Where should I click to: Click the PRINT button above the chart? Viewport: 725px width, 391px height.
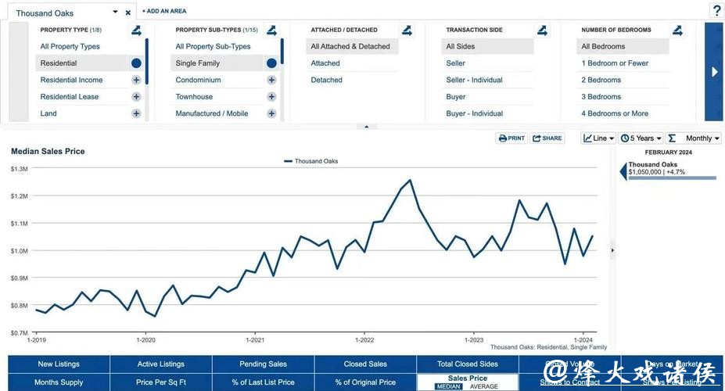tap(511, 138)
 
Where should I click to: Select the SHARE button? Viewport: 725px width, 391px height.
tap(547, 138)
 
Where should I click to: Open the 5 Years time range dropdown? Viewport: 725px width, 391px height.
tap(641, 138)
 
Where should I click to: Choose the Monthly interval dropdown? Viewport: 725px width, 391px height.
tap(694, 138)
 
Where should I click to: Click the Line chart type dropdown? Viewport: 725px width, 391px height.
tap(598, 138)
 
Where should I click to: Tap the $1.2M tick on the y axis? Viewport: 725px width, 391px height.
tap(20, 196)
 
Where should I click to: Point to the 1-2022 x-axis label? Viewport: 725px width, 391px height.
tap(364, 340)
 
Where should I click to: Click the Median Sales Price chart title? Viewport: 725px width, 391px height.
tap(48, 151)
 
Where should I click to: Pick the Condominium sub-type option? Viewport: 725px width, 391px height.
tap(198, 80)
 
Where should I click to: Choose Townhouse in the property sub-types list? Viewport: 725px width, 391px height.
tap(194, 97)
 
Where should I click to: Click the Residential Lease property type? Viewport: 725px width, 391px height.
tap(70, 97)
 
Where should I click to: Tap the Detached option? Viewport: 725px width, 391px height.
tap(327, 80)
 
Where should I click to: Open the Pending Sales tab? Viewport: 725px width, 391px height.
tap(263, 364)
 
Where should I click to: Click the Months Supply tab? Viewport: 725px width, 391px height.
tap(59, 382)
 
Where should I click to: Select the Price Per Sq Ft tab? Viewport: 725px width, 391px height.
tap(161, 382)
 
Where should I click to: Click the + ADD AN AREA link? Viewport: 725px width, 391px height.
tap(164, 11)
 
